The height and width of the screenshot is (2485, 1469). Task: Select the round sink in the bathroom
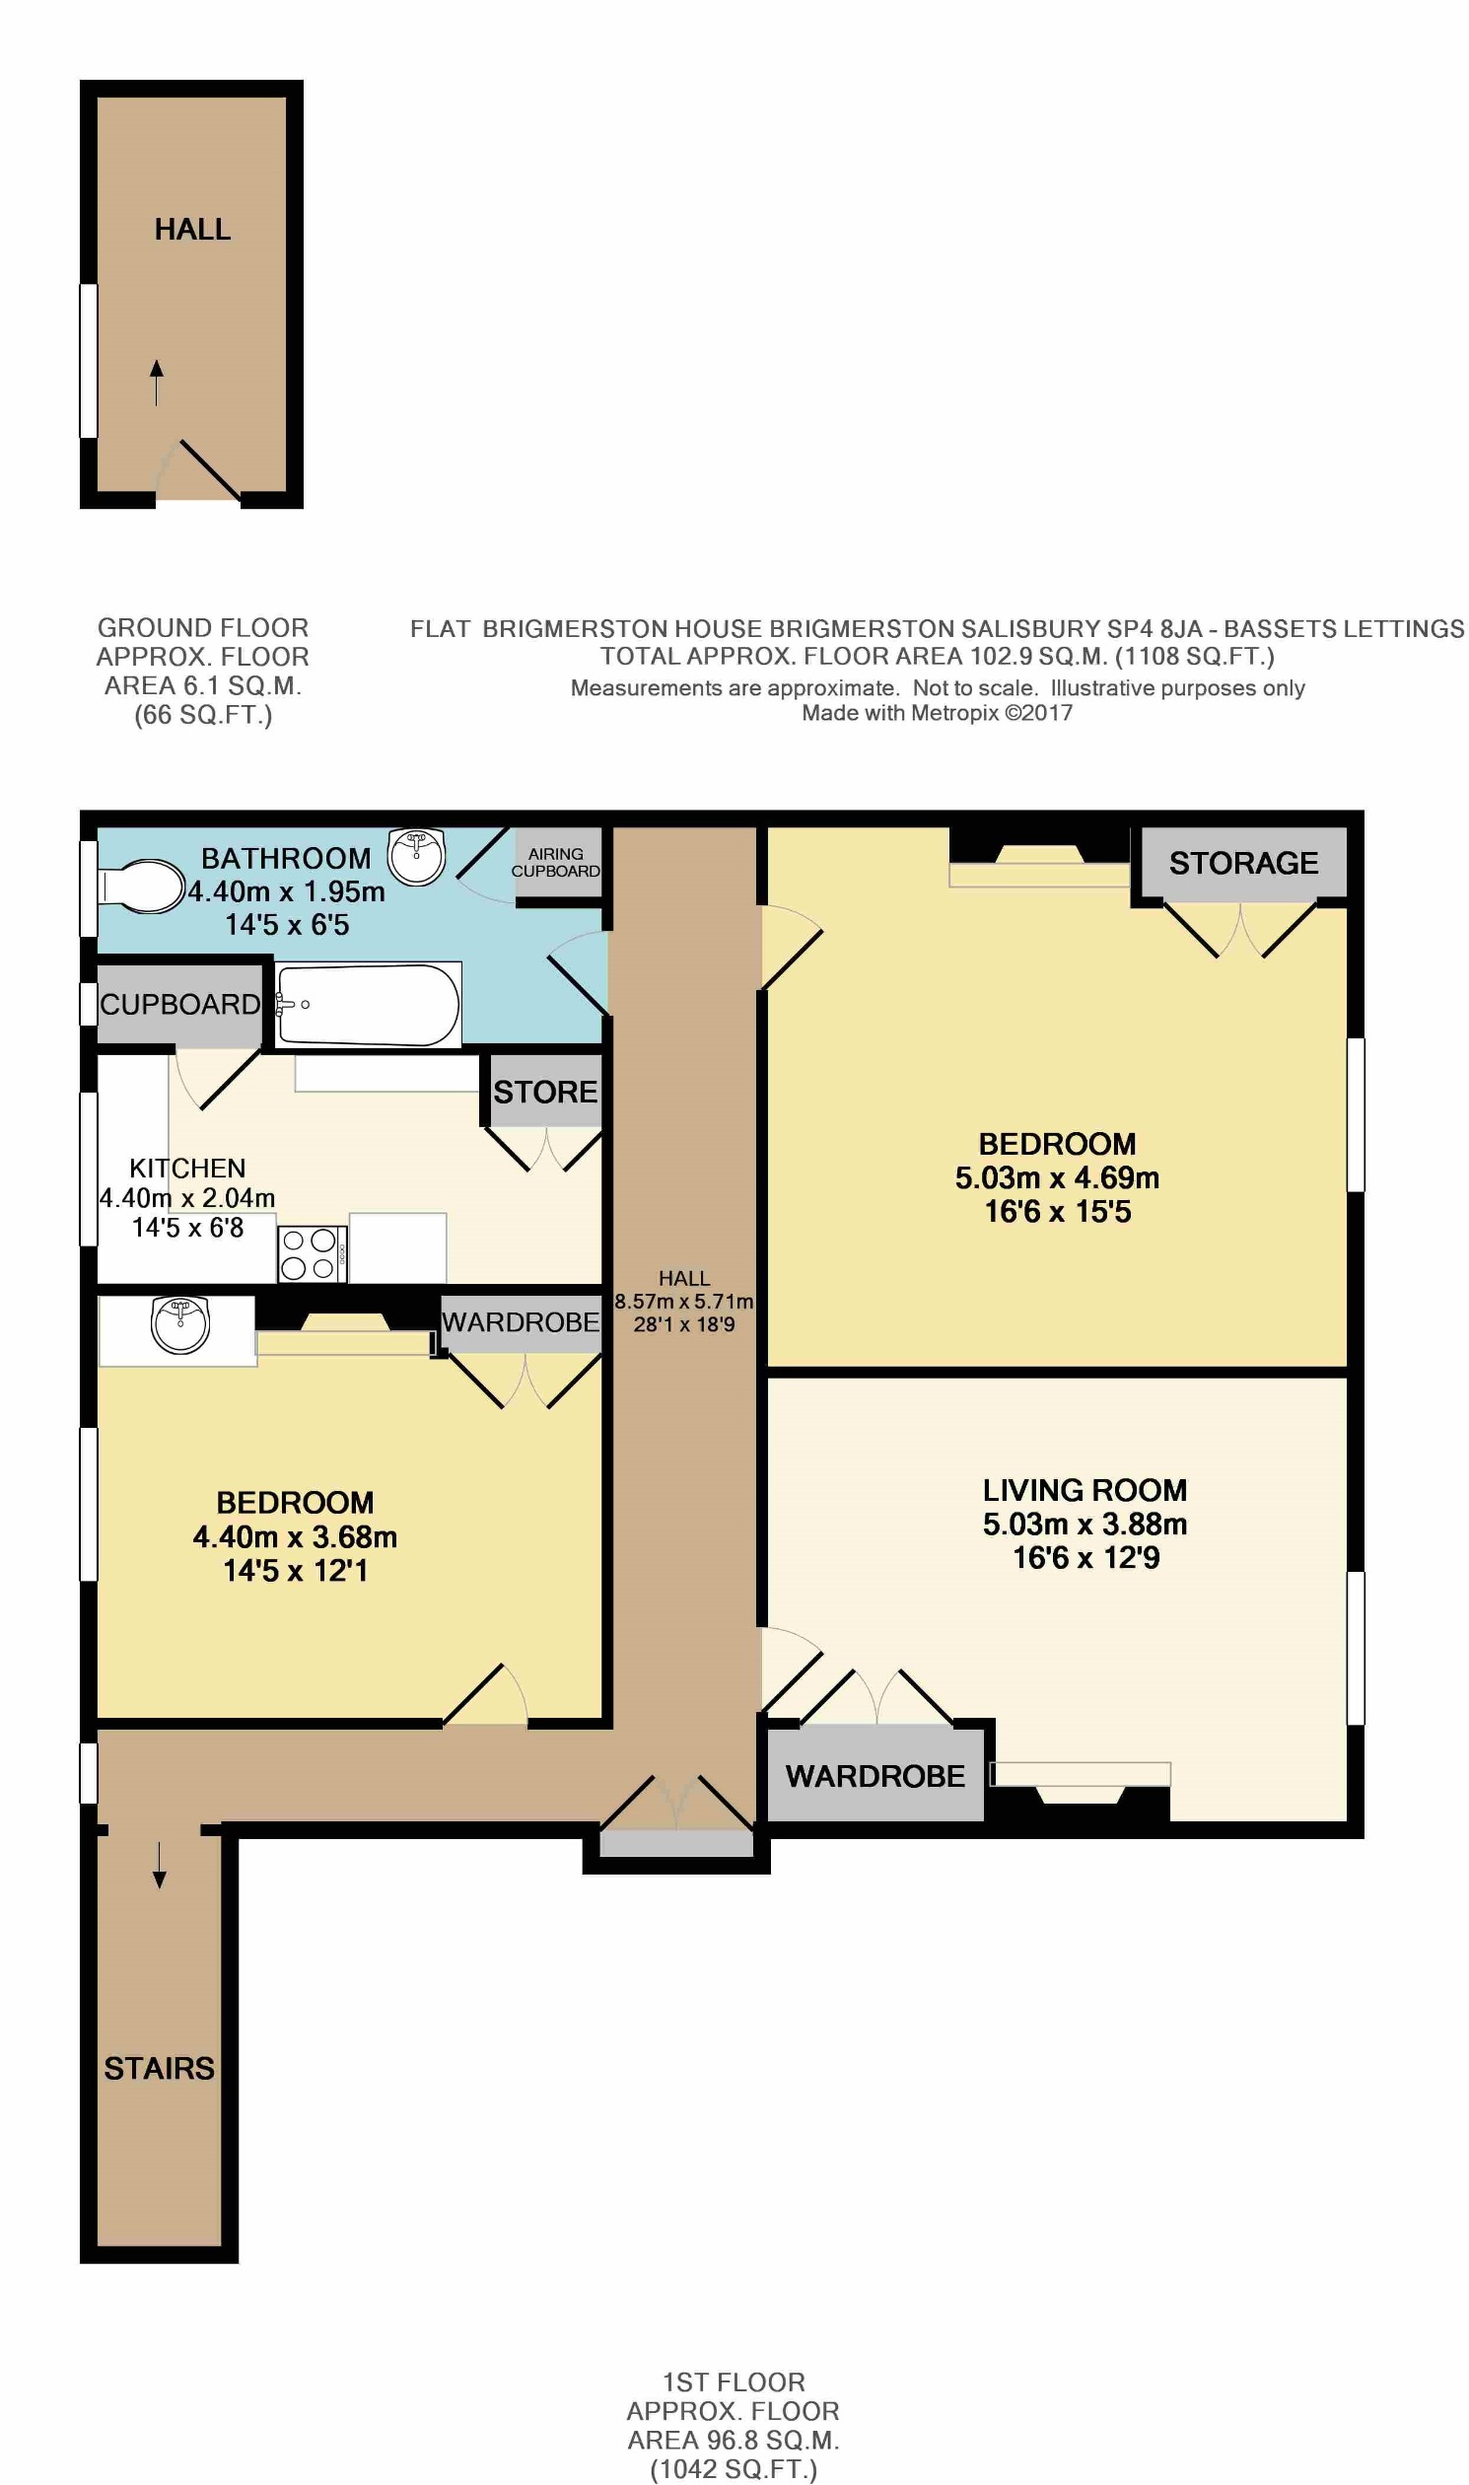click(x=416, y=856)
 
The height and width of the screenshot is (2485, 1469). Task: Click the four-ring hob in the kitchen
click(x=309, y=1253)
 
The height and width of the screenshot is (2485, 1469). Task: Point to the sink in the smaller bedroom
click(x=180, y=1324)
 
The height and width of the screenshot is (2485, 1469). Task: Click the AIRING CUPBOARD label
click(x=555, y=862)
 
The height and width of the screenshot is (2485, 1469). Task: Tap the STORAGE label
click(x=1243, y=863)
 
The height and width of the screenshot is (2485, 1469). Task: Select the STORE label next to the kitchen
click(x=545, y=1092)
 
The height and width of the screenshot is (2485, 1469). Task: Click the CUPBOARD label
click(x=180, y=1005)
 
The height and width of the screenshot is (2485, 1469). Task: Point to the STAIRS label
click(x=160, y=2068)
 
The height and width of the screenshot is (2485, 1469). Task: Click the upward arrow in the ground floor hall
click(x=157, y=383)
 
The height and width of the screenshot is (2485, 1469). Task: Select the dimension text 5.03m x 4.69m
click(x=1057, y=1178)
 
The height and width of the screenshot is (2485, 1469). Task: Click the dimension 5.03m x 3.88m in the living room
click(x=1084, y=1525)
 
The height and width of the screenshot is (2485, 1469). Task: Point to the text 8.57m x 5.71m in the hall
click(x=684, y=1302)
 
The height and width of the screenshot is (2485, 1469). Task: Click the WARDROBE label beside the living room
click(x=875, y=1776)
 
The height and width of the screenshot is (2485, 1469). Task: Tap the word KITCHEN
click(x=187, y=1169)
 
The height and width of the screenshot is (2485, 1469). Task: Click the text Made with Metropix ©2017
click(x=937, y=713)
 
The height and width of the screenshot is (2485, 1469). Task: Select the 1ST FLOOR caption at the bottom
click(x=734, y=2382)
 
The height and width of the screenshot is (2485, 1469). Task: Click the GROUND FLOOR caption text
click(x=203, y=628)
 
